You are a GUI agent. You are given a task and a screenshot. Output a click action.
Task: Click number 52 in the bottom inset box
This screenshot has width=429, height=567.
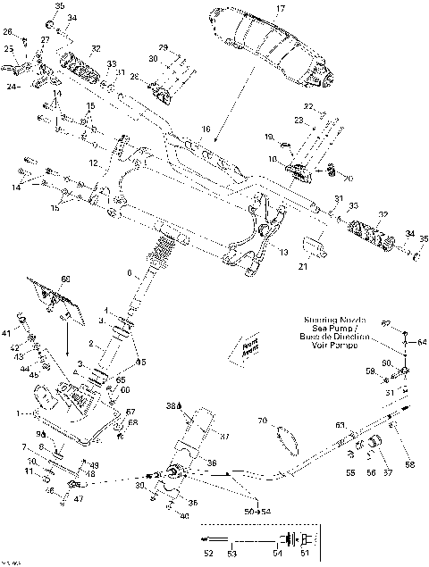[x=207, y=554]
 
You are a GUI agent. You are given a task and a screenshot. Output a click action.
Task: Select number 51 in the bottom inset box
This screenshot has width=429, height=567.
[x=307, y=554]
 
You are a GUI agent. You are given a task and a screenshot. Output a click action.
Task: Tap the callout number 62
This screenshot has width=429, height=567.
[x=386, y=322]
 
